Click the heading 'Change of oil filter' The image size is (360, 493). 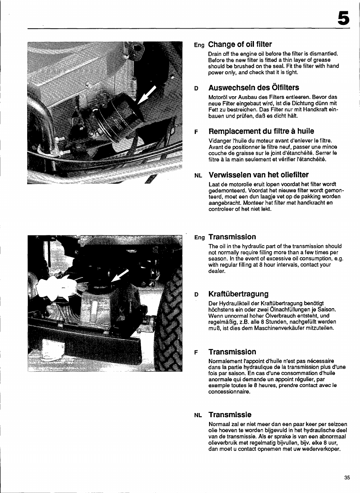tap(240, 45)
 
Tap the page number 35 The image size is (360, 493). tap(347, 478)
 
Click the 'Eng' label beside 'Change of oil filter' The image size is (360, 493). tap(199, 45)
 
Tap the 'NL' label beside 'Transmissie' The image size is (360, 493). tap(198, 416)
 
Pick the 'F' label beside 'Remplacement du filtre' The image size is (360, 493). tap(196, 132)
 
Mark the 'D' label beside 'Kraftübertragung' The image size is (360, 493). tap(196, 295)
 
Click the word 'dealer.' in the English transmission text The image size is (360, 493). tap(217, 271)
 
